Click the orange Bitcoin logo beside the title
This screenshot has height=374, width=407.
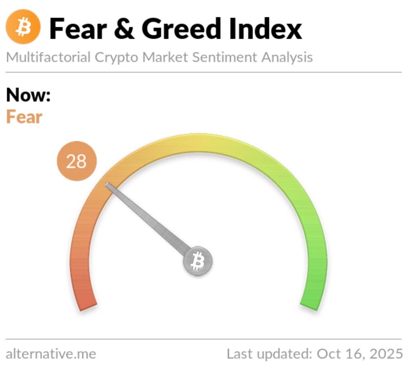point(23,27)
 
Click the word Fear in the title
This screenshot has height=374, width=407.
point(78,29)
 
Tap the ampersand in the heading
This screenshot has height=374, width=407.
point(124,29)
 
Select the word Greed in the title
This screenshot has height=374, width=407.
point(181,29)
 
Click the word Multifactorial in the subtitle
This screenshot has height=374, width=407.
point(48,57)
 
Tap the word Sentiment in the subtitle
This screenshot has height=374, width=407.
point(224,57)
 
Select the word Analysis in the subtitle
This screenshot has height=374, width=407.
point(287,58)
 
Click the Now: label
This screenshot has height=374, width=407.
point(28,95)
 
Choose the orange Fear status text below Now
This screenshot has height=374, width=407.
point(24,117)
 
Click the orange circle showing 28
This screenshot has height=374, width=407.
point(77,161)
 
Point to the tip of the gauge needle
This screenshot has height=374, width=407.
point(107,184)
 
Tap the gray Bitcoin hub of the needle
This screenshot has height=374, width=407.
point(198,261)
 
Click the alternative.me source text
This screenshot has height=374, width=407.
point(51,354)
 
